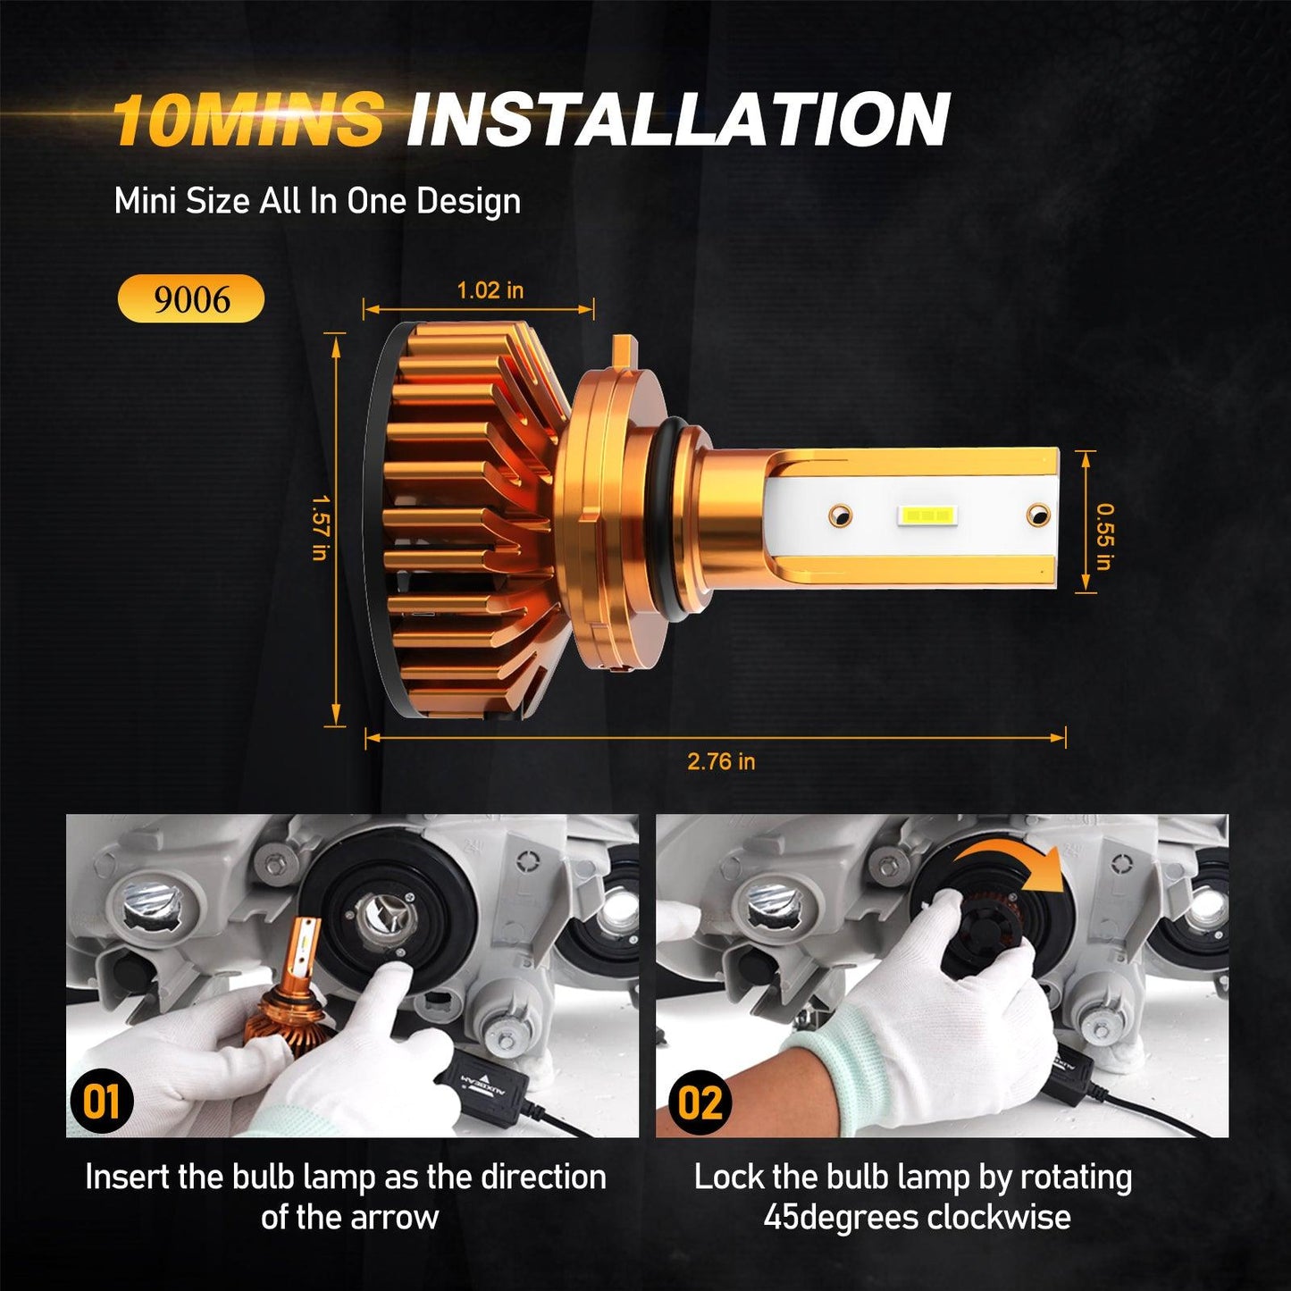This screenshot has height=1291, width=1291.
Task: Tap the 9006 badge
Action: pos(191,299)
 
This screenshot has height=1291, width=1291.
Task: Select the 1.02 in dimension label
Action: pos(490,290)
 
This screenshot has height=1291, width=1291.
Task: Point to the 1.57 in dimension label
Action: pos(318,528)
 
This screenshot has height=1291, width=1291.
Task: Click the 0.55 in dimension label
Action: pos(1104,536)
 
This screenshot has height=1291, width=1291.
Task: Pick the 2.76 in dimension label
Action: pos(720,761)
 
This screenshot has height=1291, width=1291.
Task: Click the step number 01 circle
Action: pos(101,1101)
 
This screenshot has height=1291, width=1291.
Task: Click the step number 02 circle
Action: pos(700,1102)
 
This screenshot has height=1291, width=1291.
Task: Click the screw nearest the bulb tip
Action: pos(1036,514)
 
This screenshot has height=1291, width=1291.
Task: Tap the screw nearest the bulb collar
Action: pos(839,515)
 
